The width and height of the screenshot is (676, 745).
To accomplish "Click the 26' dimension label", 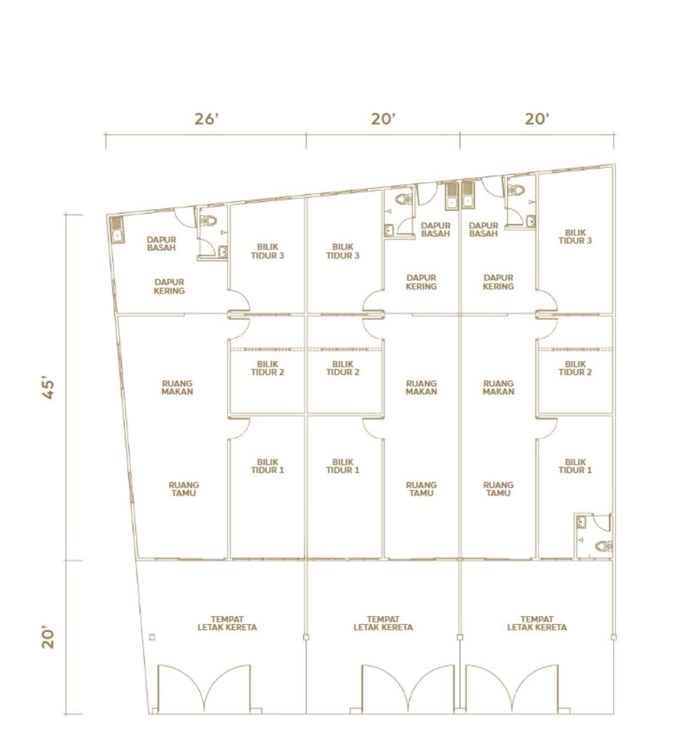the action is click(x=206, y=119).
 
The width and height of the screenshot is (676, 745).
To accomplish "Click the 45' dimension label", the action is click(x=48, y=389).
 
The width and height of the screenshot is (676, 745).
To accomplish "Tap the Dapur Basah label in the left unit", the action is click(x=162, y=244).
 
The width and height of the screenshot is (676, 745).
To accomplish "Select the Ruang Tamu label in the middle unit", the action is click(x=422, y=489).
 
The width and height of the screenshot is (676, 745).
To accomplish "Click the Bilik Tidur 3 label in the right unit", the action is click(x=575, y=236).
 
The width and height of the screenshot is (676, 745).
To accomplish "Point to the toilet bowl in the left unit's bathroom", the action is click(x=208, y=222).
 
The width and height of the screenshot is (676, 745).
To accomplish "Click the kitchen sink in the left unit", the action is click(x=116, y=230).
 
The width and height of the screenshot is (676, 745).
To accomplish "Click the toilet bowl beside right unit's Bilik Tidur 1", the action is click(x=604, y=546).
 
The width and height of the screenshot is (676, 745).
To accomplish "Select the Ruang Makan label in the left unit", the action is click(x=177, y=387).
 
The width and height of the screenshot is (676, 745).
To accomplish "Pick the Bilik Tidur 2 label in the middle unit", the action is click(x=343, y=368).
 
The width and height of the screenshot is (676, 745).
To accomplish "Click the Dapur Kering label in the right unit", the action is click(x=498, y=282).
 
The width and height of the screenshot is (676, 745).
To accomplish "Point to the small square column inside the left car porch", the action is click(x=152, y=637).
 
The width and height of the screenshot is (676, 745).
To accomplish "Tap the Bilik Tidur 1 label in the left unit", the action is click(x=267, y=466).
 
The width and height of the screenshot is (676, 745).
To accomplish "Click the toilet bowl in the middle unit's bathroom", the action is click(x=404, y=200).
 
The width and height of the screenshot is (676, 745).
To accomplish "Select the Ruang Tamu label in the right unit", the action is click(x=498, y=489).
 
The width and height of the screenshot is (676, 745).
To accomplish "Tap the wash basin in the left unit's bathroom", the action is click(x=223, y=252).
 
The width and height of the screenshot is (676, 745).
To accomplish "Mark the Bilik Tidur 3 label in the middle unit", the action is click(x=343, y=251).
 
